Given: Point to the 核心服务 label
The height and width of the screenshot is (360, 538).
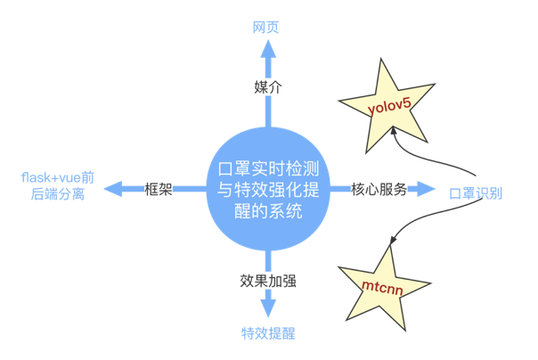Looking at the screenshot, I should (378, 189).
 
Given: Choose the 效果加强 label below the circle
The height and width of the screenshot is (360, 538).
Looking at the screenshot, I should (268, 281).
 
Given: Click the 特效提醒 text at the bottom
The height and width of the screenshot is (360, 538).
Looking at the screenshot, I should (268, 334).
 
